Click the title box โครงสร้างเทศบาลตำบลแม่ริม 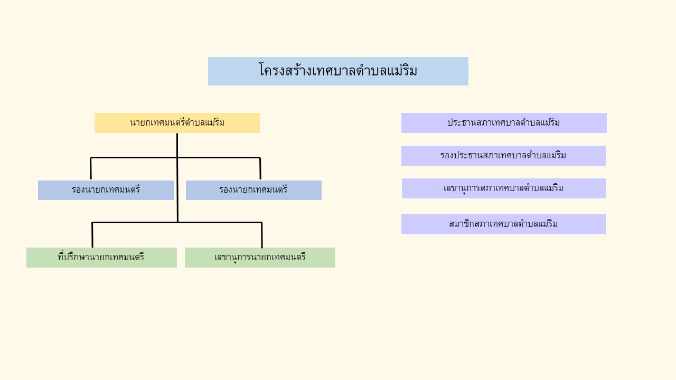(x=338, y=71)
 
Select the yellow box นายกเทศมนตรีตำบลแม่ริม (x=177, y=123)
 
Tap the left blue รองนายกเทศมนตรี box (x=106, y=190)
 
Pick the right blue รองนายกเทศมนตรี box (x=253, y=190)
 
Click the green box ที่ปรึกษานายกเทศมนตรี (x=101, y=258)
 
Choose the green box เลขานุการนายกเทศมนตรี (x=260, y=258)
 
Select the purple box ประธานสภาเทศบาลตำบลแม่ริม (x=504, y=123)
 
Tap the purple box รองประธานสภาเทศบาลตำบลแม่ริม (x=503, y=156)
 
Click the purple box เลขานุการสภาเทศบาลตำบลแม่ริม (x=504, y=188)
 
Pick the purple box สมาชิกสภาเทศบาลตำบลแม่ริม (x=503, y=224)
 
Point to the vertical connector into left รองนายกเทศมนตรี (x=90, y=168)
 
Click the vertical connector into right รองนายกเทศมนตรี (x=260, y=168)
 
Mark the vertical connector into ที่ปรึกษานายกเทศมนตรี (x=92, y=235)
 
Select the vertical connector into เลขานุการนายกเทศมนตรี (x=262, y=235)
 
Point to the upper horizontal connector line (x=175, y=157)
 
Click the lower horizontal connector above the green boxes (x=177, y=223)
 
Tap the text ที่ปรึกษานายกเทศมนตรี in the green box (x=101, y=257)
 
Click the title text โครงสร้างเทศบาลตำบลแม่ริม (x=338, y=70)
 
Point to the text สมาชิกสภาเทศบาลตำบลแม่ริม (x=503, y=224)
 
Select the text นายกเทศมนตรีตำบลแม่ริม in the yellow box (x=177, y=122)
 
